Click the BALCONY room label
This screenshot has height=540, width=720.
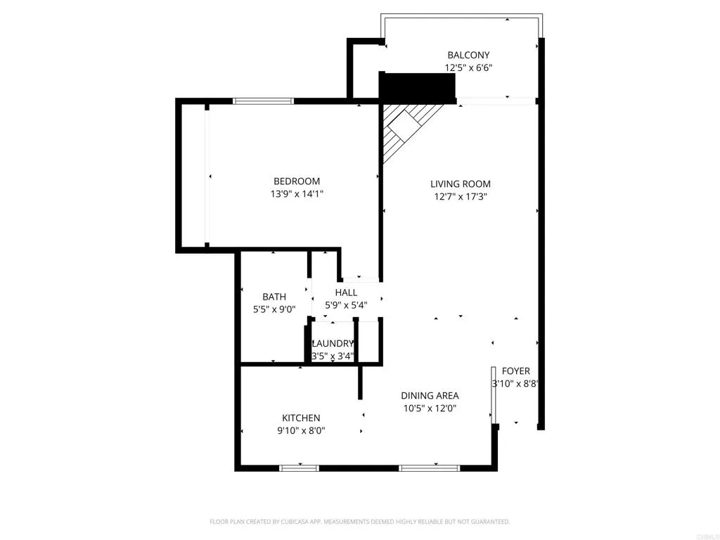tap(468, 55)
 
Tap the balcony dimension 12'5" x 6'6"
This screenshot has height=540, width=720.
tap(468, 68)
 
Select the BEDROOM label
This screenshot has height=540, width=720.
tap(297, 181)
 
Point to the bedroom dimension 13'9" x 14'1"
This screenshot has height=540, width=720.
tap(297, 194)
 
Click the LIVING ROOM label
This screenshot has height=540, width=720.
tap(461, 184)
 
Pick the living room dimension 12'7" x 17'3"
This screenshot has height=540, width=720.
tap(461, 197)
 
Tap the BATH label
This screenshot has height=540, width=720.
tap(274, 297)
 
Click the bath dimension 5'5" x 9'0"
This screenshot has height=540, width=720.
tap(274, 309)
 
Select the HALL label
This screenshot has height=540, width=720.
tap(346, 292)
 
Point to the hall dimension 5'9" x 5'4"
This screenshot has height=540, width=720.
tap(346, 305)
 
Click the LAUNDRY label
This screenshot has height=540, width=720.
tap(333, 343)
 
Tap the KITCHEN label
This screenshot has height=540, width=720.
tap(301, 418)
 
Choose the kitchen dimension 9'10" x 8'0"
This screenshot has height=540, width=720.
tap(301, 431)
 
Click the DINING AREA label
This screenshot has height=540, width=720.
tap(430, 395)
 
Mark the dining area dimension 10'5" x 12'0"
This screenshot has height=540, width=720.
tap(430, 409)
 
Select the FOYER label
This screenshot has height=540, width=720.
tap(515, 371)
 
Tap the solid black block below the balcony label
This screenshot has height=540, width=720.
tap(417, 87)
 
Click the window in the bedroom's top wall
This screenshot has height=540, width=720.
tap(264, 101)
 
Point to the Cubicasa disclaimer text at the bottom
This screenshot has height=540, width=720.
tap(359, 522)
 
